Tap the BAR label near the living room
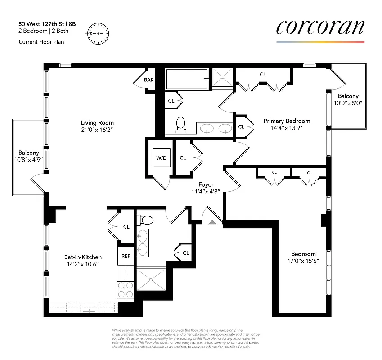coord(149,80)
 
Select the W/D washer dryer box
coord(161,158)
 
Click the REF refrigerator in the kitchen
coord(126,256)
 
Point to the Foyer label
coord(206,184)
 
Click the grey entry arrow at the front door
coord(212,221)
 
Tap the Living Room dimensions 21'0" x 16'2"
coord(97,130)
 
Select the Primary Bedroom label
coord(287,121)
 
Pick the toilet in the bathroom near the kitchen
coord(146,220)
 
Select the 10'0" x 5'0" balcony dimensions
coord(348,103)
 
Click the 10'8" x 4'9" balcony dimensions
coord(28,160)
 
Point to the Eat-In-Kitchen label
coord(82,257)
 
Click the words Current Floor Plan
coord(41,42)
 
